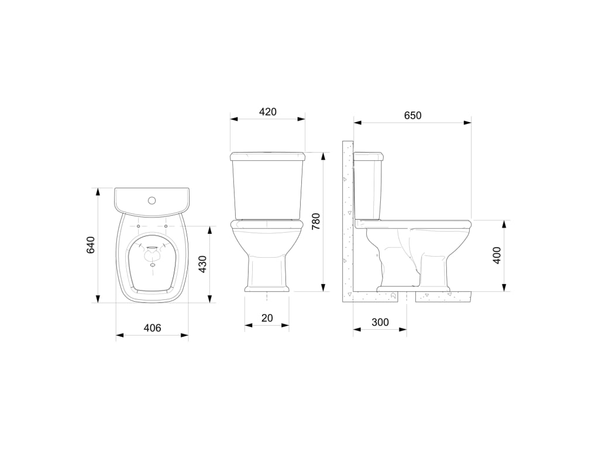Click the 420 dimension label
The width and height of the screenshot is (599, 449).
click(267, 112)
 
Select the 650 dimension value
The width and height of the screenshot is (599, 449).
click(412, 116)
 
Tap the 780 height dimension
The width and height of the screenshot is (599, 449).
click(316, 222)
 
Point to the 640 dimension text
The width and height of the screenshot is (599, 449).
click(91, 245)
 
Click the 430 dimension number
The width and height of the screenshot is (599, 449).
click(202, 264)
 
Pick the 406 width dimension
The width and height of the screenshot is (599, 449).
click(152, 329)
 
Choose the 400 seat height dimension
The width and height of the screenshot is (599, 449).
click(497, 255)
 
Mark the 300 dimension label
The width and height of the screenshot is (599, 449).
click(380, 323)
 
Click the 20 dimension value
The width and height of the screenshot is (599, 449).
click(267, 318)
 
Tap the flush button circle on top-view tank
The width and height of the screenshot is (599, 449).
click(152, 201)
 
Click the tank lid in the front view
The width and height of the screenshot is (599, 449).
click(268, 156)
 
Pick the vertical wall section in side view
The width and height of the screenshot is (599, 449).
click(347, 222)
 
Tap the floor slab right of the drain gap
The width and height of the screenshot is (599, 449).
click(445, 296)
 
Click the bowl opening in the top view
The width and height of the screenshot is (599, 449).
click(152, 266)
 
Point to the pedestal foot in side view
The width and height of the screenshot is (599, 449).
click(414, 289)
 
